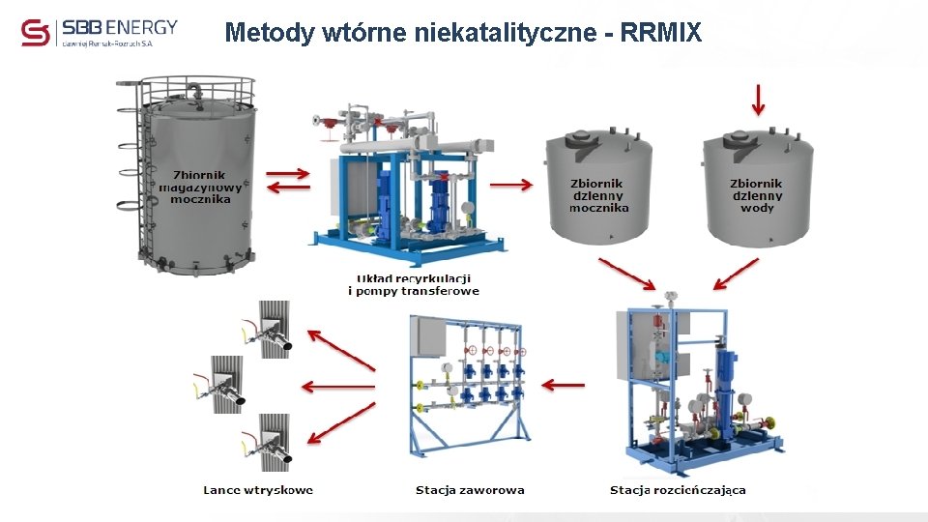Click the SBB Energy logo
(99, 32)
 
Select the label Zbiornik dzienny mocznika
(597, 195)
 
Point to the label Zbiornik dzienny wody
(756, 195)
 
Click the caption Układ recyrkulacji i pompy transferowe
(413, 285)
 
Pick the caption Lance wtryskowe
(258, 490)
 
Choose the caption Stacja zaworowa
(470, 490)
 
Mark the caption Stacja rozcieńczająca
(678, 490)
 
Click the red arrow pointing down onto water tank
(758, 99)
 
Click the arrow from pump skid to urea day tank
(512, 185)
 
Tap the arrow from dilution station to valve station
(564, 385)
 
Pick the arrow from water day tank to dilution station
(735, 274)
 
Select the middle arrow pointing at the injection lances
(337, 387)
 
